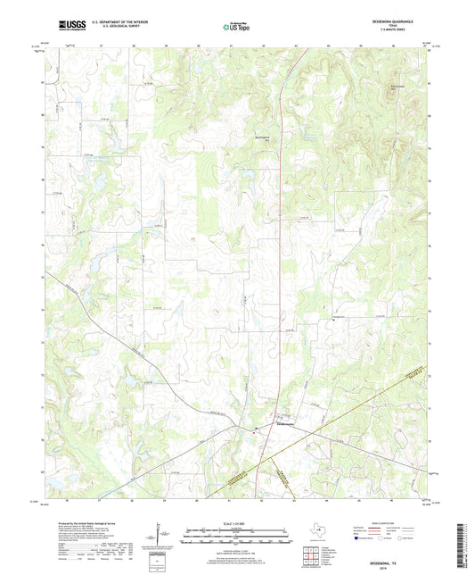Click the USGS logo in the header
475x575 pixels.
click(70, 26)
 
